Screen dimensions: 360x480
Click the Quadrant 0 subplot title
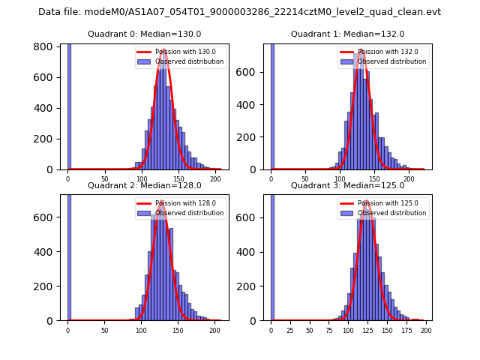pyautogui.click(x=145, y=34)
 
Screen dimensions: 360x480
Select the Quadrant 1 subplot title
pyautogui.click(x=348, y=34)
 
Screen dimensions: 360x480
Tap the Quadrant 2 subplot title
pyautogui.click(x=145, y=185)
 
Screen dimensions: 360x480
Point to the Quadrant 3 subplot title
pyautogui.click(x=348, y=185)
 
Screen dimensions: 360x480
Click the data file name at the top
pyautogui.click(x=240, y=12)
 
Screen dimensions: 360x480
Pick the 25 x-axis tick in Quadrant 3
pyautogui.click(x=290, y=329)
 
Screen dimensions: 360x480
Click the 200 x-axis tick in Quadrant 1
pyautogui.click(x=409, y=178)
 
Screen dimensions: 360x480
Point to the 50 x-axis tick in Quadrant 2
pyautogui.click(x=104, y=329)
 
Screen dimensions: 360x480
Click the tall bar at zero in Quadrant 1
pyautogui.click(x=272, y=105)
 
